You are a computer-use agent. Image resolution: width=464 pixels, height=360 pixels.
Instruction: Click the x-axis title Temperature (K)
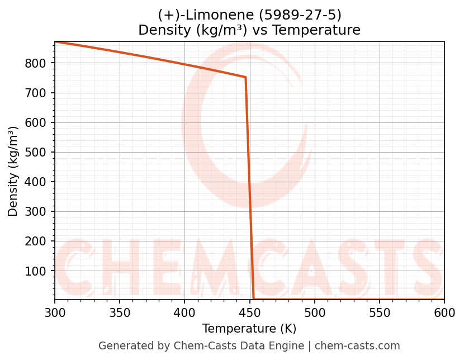point(249,329)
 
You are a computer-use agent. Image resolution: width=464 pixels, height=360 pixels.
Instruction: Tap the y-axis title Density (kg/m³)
point(13,171)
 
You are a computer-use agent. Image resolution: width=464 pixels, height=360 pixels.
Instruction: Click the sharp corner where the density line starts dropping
point(245,77)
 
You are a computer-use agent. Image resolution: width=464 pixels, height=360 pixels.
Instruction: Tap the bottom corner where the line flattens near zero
point(254,299)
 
